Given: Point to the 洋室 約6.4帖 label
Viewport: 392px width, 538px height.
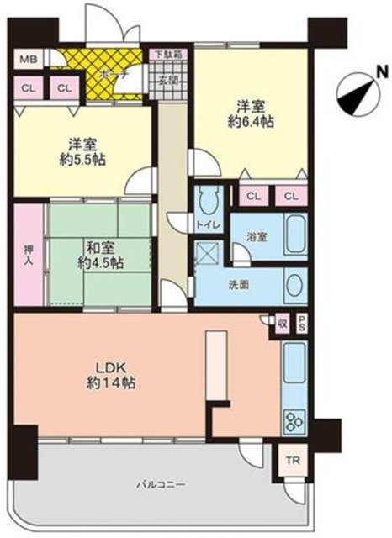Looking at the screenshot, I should (251, 113).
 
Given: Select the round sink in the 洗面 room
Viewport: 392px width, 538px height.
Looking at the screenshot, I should (294, 287).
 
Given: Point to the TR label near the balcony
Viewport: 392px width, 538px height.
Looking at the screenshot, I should (293, 461).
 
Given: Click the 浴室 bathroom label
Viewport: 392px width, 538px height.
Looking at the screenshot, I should (257, 238).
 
